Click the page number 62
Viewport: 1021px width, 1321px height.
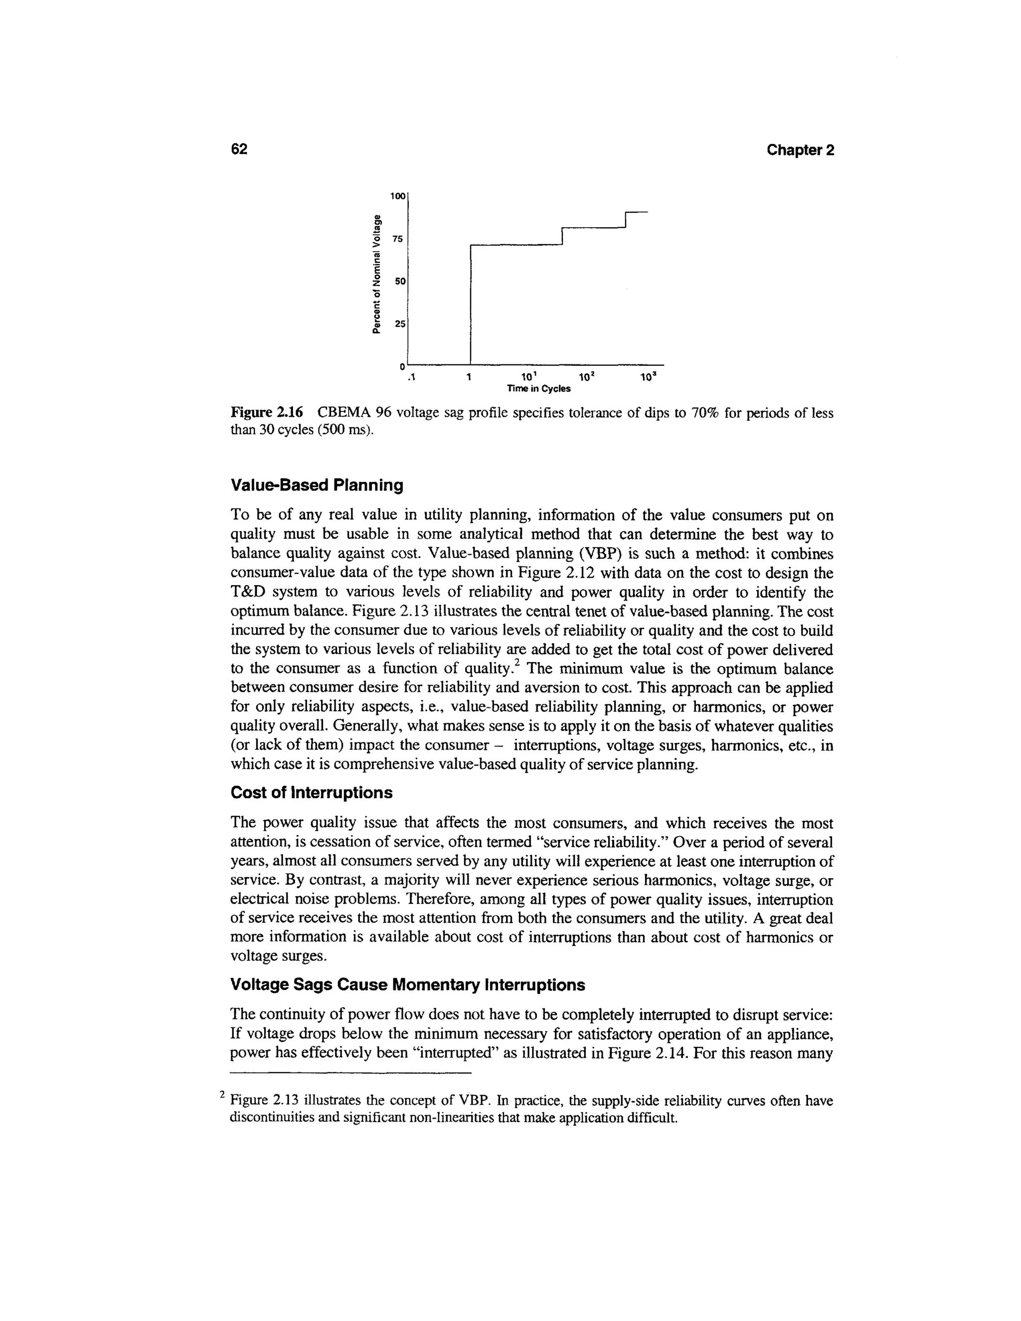[x=239, y=150]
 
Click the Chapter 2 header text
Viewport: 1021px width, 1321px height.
[x=800, y=150]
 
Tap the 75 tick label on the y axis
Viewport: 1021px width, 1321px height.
[x=397, y=239]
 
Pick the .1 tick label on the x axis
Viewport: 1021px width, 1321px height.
[x=410, y=378]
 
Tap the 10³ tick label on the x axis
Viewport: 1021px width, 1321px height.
[x=648, y=377]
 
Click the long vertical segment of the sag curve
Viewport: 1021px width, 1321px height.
[x=471, y=303]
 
